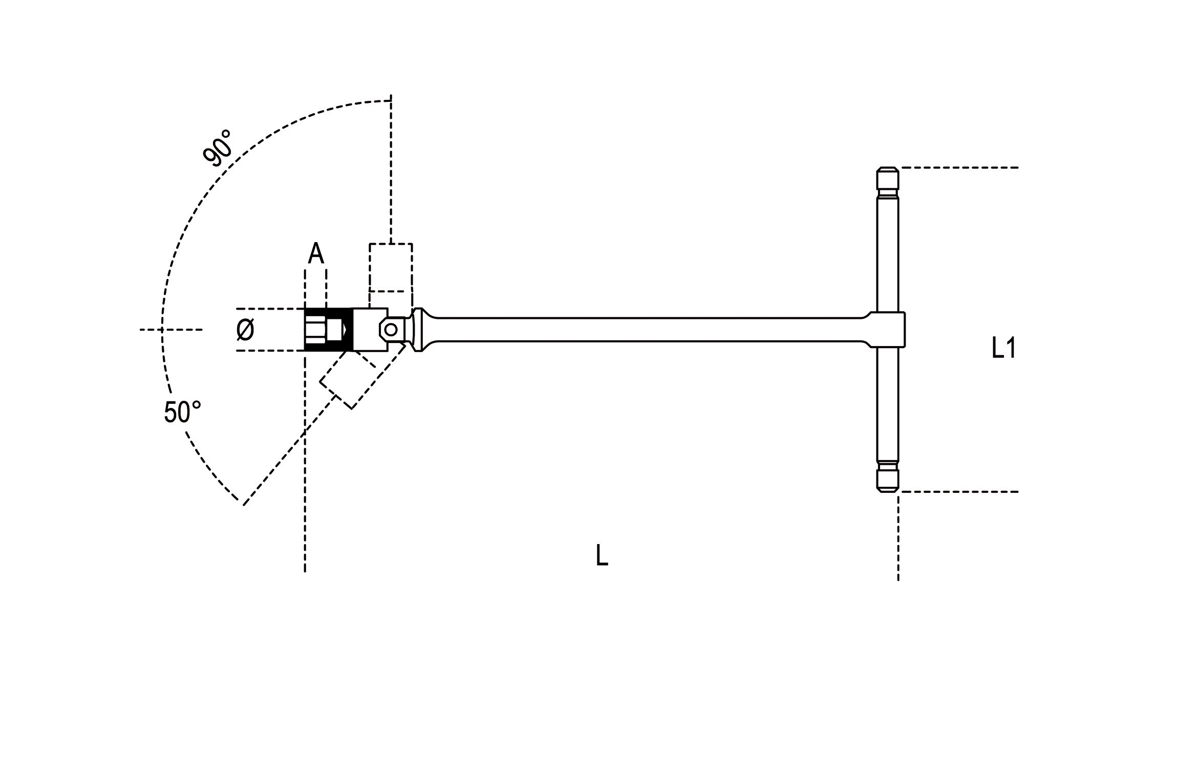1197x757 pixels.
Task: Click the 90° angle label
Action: click(x=217, y=148)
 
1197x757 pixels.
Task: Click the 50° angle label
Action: click(x=182, y=412)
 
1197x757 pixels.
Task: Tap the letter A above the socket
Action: click(x=316, y=253)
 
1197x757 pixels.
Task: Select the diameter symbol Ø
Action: click(x=245, y=330)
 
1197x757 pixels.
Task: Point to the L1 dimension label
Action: click(x=1003, y=349)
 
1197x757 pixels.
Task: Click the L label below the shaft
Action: click(x=602, y=555)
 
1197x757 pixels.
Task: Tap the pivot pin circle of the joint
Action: click(x=391, y=330)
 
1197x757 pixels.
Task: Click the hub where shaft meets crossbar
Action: click(x=888, y=330)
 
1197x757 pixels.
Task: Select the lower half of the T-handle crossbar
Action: click(x=887, y=404)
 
